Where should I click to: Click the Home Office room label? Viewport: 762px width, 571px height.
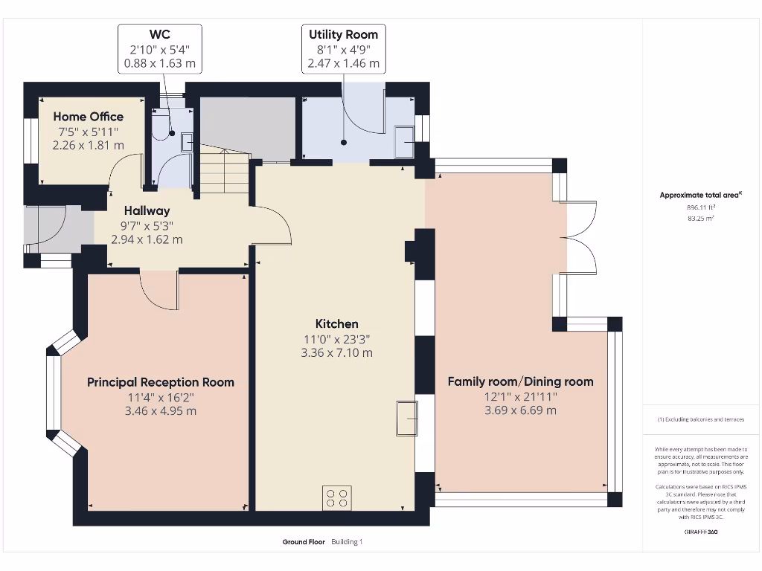[88, 117]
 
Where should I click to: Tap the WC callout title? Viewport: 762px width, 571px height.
[159, 34]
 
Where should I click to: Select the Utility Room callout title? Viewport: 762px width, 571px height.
[343, 34]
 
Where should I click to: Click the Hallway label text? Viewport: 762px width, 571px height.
[147, 211]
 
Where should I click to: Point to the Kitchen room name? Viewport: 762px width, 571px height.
[336, 323]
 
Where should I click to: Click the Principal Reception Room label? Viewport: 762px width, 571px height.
[160, 382]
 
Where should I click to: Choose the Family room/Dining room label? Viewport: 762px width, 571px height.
[520, 381]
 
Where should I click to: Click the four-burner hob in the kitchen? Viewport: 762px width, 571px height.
[336, 497]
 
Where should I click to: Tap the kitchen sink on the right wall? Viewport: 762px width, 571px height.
[407, 419]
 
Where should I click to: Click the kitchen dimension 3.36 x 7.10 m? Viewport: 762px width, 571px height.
[336, 352]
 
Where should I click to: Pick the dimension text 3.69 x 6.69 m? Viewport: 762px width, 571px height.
[520, 410]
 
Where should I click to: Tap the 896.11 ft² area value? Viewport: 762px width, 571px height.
[701, 209]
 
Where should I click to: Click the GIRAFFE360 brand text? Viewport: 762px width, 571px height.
[701, 532]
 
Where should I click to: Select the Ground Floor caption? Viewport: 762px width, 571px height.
[304, 542]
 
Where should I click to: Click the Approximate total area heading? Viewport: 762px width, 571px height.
[701, 195]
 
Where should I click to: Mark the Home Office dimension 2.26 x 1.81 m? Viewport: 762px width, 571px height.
[88, 145]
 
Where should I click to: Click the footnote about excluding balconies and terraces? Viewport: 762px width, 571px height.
[701, 420]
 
